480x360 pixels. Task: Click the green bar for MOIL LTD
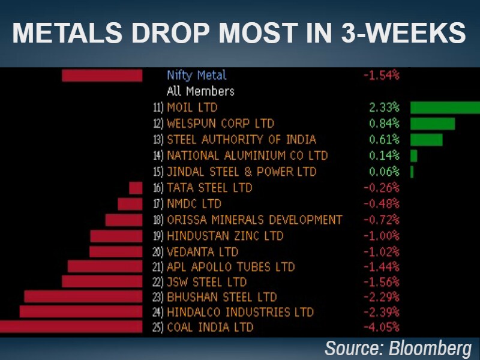[445, 108]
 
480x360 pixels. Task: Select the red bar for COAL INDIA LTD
[71, 327]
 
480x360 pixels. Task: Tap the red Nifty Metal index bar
[102, 76]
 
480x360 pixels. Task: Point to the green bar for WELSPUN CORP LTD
[433, 124]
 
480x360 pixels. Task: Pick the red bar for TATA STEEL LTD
[136, 188]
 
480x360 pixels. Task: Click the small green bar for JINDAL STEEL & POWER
[412, 172]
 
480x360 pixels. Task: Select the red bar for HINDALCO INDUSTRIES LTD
[81, 311]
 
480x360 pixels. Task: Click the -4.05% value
[382, 327]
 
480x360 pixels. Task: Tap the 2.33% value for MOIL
[385, 108]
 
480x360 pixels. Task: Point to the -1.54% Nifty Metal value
[382, 76]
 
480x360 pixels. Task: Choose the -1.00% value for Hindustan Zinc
[382, 236]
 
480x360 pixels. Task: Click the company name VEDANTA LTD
[202, 252]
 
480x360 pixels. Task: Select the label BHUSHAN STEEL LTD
[221, 297]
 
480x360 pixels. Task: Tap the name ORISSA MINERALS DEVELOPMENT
[254, 220]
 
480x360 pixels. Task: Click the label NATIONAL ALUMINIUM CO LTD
[247, 156]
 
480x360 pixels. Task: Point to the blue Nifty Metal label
[197, 76]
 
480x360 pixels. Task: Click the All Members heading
[200, 92]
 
